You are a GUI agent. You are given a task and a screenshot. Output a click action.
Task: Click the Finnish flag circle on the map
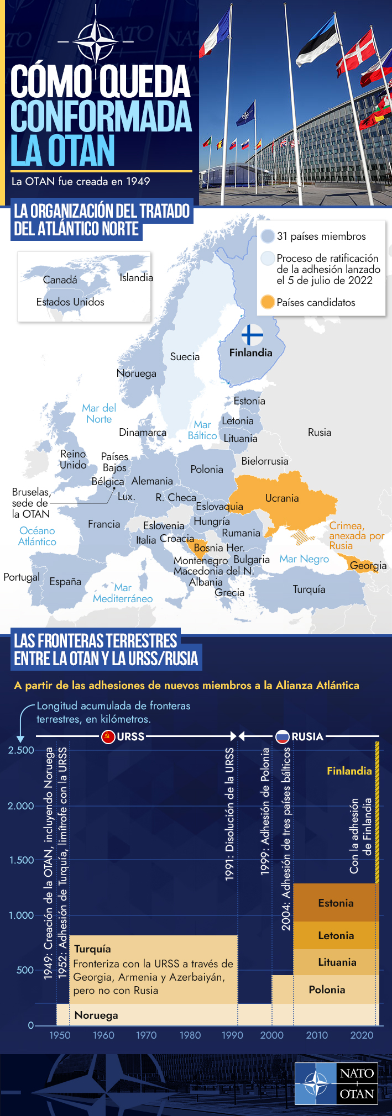252,335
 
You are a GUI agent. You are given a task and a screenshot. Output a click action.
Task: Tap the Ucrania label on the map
282,498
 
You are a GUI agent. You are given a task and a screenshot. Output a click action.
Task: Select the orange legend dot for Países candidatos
268,302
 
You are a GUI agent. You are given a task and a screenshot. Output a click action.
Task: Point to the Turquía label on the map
309,589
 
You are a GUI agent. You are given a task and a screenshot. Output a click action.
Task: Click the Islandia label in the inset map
136,277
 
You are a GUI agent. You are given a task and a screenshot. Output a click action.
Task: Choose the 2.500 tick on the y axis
21,750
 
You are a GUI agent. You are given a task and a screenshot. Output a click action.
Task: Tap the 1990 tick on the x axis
232,1035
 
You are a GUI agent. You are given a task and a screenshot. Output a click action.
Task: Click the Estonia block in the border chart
336,903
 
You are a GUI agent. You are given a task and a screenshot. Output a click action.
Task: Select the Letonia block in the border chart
336,935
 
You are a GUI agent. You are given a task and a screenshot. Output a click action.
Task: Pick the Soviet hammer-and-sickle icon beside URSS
108,736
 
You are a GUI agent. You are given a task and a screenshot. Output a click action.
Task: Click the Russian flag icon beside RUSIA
282,736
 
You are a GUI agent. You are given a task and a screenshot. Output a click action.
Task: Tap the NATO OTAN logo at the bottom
336,1083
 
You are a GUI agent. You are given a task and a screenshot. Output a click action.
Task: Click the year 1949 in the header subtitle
138,181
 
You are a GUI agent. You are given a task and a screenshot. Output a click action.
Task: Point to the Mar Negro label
304,559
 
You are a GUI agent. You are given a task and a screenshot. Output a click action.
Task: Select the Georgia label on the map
368,565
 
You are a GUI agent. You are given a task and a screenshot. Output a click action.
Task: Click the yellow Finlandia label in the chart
349,771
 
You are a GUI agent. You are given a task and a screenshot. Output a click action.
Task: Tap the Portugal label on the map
21,577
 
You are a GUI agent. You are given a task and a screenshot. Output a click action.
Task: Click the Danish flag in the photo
357,52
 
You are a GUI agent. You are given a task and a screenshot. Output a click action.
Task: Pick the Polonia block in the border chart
327,989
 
